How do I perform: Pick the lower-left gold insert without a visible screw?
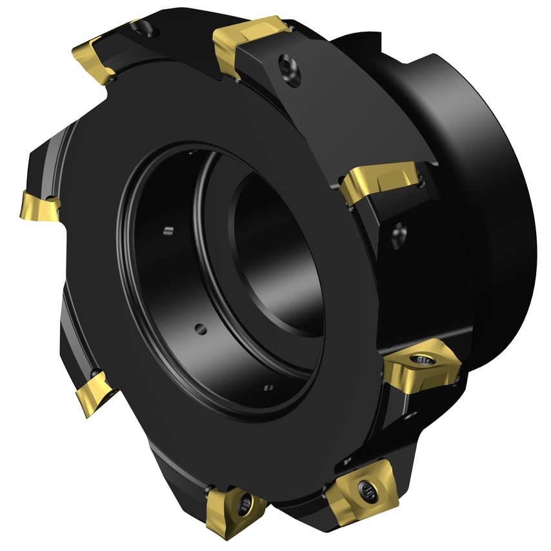pos(93,390)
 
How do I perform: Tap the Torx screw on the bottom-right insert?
pos(367,493)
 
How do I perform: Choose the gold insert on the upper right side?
pos(381,181)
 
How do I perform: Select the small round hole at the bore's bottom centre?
pos(201,329)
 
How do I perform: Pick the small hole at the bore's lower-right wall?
pos(269,388)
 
